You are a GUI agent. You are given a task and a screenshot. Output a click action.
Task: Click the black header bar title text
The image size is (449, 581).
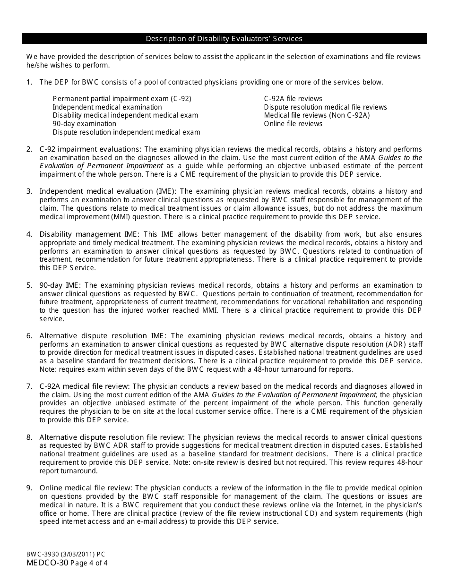pyautogui.click(x=224, y=39)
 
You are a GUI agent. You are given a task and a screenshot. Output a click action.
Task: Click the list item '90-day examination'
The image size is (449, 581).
pyautogui.click(x=84, y=124)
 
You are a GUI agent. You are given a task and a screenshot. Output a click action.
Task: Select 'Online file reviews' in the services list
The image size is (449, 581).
pyautogui.click(x=293, y=124)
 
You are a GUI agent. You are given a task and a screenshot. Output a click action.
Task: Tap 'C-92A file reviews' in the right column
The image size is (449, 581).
pyautogui.click(x=293, y=99)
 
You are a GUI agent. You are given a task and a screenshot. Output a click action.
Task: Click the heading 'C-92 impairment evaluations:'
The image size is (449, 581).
pyautogui.click(x=90, y=149)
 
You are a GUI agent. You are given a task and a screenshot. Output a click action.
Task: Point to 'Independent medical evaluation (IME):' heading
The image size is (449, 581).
pyautogui.click(x=108, y=191)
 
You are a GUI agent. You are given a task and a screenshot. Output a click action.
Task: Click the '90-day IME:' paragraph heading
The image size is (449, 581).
pyautogui.click(x=60, y=285)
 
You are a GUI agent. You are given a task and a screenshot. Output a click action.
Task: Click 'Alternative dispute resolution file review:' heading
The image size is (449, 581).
pyautogui.click(x=112, y=437)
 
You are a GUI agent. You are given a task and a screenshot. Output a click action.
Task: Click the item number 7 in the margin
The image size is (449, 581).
pyautogui.click(x=29, y=386)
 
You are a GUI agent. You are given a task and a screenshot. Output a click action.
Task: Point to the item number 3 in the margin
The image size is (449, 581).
pyautogui.click(x=29, y=191)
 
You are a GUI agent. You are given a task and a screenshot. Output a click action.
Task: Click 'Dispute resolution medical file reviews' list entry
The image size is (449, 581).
pyautogui.click(x=325, y=107)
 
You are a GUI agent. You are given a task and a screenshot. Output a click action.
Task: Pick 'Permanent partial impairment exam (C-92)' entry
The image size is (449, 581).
pyautogui.click(x=122, y=99)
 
